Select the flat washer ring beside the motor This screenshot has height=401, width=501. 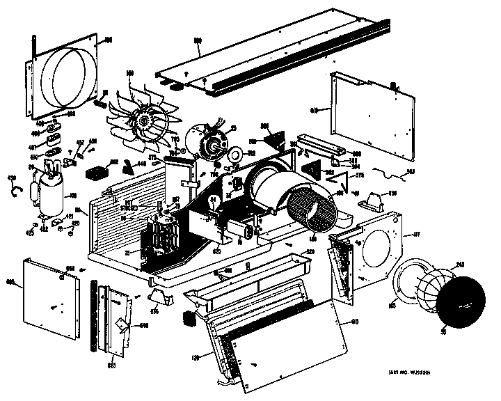(x=234, y=155)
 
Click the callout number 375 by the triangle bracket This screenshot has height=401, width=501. (x=360, y=176)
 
